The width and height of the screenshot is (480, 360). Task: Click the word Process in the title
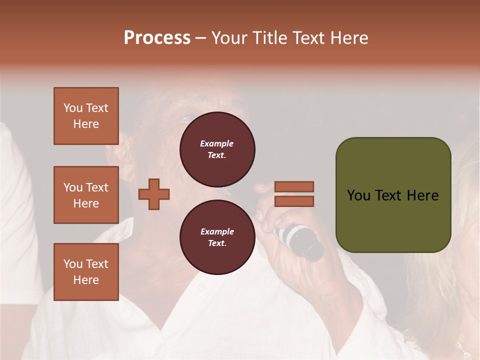(157, 38)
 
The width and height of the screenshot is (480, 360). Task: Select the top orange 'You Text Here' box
(86, 116)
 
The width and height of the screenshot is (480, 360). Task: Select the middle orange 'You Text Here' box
(86, 195)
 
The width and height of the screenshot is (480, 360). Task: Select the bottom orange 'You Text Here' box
(86, 272)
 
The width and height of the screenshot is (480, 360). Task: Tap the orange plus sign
(154, 194)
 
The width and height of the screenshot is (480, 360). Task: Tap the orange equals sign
(294, 194)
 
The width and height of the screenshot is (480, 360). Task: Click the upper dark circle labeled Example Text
(217, 149)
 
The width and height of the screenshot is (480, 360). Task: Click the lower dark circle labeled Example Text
(217, 237)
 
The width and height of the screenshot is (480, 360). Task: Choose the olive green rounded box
(393, 195)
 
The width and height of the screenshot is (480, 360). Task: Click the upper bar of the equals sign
(294, 187)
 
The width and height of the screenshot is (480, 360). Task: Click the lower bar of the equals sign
(294, 201)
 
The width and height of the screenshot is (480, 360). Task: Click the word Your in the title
(229, 38)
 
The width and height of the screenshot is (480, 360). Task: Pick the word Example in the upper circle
(217, 143)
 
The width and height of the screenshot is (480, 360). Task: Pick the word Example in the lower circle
(217, 231)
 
